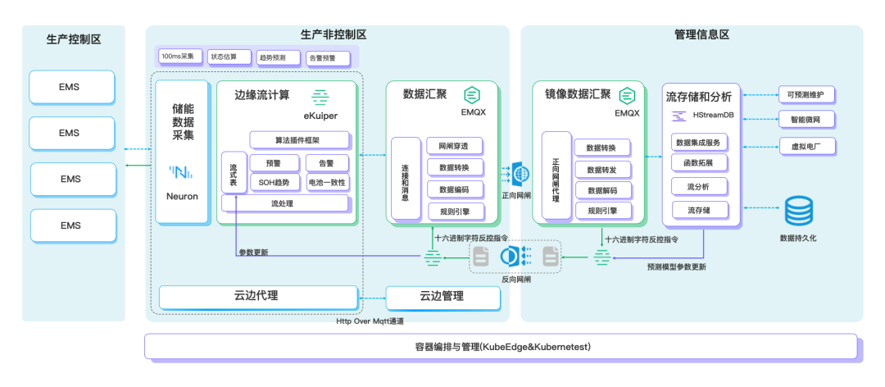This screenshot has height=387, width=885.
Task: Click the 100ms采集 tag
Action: pos(178,57)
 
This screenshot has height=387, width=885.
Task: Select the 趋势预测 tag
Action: pos(271,57)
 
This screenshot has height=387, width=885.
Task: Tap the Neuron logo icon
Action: pos(181,172)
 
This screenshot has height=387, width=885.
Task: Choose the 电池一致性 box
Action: pos(327,182)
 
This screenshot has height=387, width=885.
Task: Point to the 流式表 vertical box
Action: pos(234,172)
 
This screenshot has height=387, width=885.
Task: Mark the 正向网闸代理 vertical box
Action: pos(556,175)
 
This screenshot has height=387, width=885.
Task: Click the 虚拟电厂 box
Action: pos(806,147)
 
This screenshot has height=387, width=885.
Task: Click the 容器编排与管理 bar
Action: pos(501,347)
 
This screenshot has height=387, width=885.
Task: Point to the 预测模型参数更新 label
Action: pos(676,266)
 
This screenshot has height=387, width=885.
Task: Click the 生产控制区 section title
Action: pos(74,39)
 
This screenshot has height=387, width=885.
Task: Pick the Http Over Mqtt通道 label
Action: pos(370,321)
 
